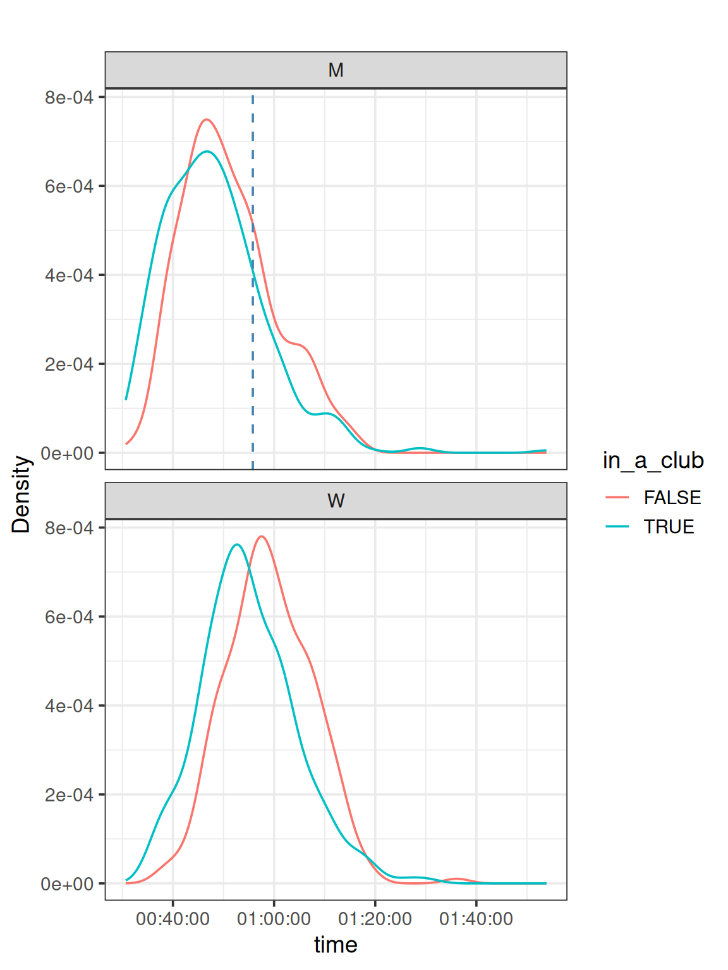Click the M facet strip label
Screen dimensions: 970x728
pyautogui.click(x=336, y=70)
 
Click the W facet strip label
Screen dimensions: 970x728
pyautogui.click(x=336, y=501)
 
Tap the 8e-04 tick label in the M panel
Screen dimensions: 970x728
pyautogui.click(x=69, y=97)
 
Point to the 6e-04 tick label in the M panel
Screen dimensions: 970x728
pyautogui.click(x=69, y=186)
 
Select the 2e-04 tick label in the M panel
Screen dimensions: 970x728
pyautogui.click(x=69, y=364)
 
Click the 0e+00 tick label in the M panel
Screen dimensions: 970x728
pyautogui.click(x=67, y=453)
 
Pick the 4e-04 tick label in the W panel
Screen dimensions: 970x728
pyautogui.click(x=69, y=706)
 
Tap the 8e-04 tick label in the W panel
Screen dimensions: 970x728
pyautogui.click(x=69, y=528)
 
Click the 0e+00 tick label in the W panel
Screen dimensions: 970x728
pyautogui.click(x=67, y=884)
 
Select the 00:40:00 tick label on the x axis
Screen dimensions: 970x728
pyautogui.click(x=173, y=919)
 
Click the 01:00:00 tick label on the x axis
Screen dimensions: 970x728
pyautogui.click(x=274, y=919)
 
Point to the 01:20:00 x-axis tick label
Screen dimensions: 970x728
pyautogui.click(x=375, y=919)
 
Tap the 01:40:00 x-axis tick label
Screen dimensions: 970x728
pyautogui.click(x=476, y=919)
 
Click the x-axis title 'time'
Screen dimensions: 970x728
pyautogui.click(x=336, y=945)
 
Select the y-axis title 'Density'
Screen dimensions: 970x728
pyautogui.click(x=21, y=494)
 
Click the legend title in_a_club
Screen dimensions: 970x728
pyautogui.click(x=653, y=460)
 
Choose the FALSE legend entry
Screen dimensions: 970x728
pyautogui.click(x=672, y=498)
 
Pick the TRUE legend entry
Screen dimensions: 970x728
pyautogui.click(x=669, y=527)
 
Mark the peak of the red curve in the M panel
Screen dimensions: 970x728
pyautogui.click(x=207, y=119)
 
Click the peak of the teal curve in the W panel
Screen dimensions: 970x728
pyautogui.click(x=237, y=544)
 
